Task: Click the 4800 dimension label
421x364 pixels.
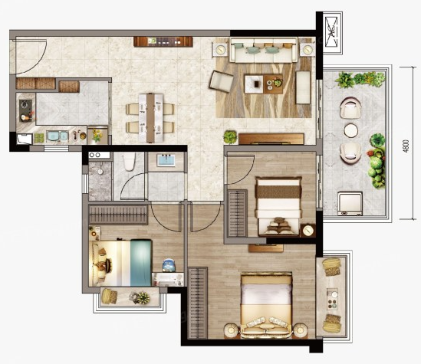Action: (x=406, y=146)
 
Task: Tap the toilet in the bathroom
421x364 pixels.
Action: (x=129, y=161)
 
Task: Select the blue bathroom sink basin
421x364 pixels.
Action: (x=166, y=160)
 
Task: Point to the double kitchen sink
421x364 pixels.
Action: (x=58, y=136)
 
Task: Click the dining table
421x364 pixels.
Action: (x=150, y=117)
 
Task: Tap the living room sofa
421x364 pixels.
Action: (x=264, y=50)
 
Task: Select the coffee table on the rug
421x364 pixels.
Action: (x=263, y=84)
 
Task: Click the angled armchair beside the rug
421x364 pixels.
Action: (x=222, y=80)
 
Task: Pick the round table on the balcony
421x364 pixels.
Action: (x=350, y=130)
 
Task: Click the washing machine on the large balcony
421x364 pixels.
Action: (x=350, y=204)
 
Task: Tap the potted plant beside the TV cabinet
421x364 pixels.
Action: (x=230, y=136)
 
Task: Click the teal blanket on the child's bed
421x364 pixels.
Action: (x=141, y=263)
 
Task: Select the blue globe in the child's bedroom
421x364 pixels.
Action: (x=169, y=265)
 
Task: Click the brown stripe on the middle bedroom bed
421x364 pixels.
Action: (x=278, y=192)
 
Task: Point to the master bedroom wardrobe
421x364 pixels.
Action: (x=198, y=303)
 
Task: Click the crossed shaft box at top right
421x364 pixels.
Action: (x=331, y=31)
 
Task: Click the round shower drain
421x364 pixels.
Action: (x=100, y=172)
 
